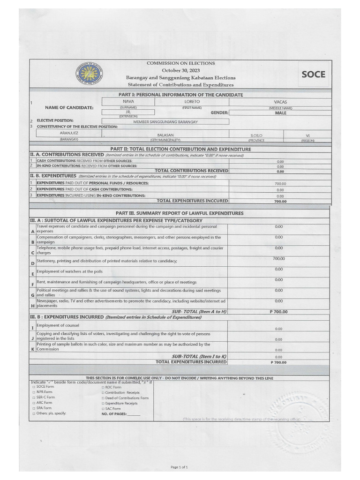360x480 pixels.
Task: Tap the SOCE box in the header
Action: [313, 74]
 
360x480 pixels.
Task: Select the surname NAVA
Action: [128, 101]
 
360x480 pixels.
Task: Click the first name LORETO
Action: [192, 101]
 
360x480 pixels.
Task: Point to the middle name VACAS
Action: [280, 102]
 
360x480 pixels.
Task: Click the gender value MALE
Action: [280, 113]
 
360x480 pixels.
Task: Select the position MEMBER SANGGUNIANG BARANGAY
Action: [165, 122]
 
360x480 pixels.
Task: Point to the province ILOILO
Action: [256, 135]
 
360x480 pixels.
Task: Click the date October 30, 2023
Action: [180, 70]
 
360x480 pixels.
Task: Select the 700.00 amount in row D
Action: [279, 259]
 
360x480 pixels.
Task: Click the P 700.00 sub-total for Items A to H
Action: [279, 312]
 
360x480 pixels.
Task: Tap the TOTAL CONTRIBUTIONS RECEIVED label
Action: [191, 171]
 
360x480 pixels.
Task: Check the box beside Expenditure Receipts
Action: [103, 403]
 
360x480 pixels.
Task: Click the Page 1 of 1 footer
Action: [180, 467]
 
